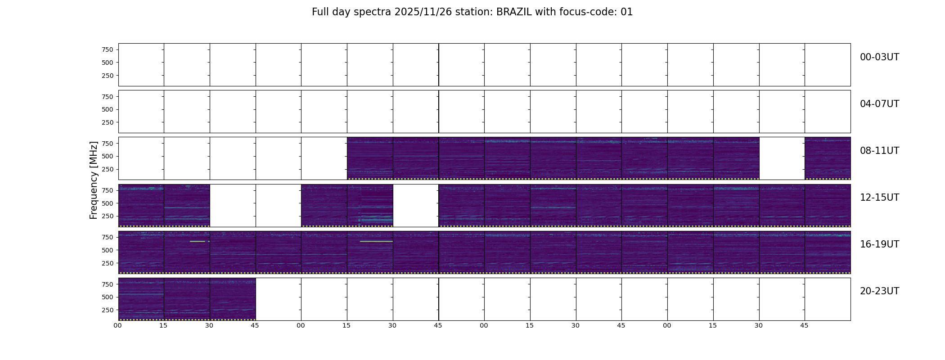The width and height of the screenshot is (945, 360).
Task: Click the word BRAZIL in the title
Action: click(x=514, y=12)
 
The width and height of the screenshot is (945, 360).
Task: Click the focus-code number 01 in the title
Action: click(x=627, y=12)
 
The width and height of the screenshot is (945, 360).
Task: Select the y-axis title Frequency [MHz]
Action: click(x=94, y=180)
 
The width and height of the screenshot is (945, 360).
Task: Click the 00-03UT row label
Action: click(x=879, y=57)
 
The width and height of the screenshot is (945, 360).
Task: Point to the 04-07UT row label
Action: click(x=879, y=104)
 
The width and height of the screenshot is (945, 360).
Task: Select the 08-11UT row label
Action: click(x=879, y=151)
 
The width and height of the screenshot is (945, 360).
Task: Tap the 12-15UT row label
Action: click(x=879, y=198)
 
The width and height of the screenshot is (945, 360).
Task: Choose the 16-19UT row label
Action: click(x=879, y=244)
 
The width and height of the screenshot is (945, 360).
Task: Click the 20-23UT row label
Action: click(x=879, y=291)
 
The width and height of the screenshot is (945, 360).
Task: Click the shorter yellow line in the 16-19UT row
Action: click(x=198, y=242)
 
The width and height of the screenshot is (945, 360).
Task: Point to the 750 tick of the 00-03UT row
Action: click(x=108, y=49)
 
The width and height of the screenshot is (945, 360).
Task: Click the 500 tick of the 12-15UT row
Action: click(x=108, y=203)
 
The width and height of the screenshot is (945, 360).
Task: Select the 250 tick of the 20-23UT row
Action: click(x=108, y=310)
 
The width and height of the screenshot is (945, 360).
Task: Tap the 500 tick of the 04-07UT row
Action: click(x=108, y=109)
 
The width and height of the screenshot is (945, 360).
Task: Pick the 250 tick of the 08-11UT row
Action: click(x=108, y=169)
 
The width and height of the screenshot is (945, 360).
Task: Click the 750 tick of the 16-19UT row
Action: click(x=108, y=237)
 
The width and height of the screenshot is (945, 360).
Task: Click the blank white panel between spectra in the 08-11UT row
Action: click(x=782, y=158)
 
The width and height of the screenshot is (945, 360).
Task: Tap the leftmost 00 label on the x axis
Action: click(x=118, y=326)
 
